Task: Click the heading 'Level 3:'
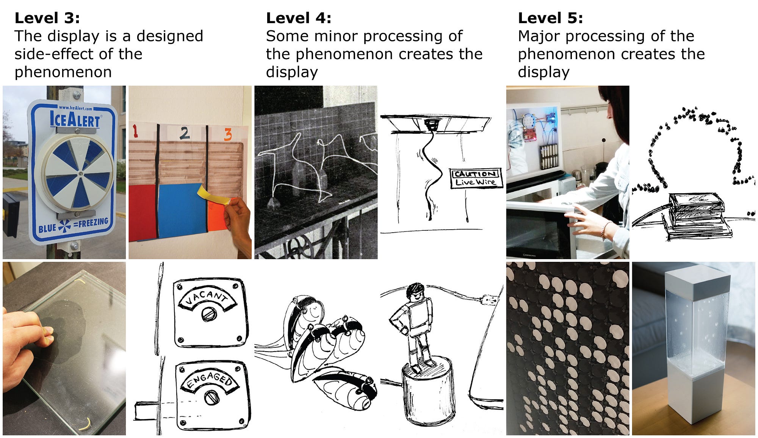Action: point(47,18)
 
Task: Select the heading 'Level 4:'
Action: point(299,18)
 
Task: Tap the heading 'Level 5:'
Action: point(550,18)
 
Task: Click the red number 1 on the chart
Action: point(135,131)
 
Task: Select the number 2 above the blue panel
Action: point(185,133)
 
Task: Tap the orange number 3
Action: point(228,135)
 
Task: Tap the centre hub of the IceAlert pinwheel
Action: point(81,174)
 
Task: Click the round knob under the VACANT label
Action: point(208,314)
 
